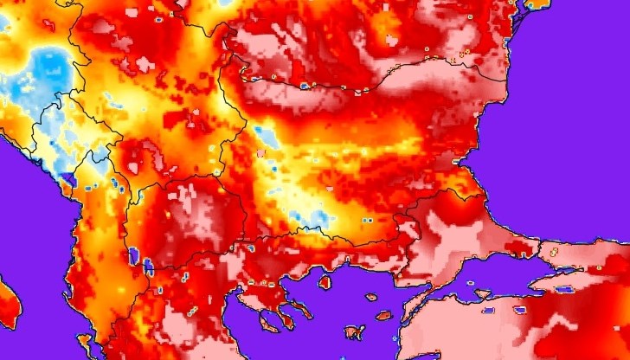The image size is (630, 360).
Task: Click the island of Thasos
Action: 326,281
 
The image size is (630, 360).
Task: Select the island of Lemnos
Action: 354,331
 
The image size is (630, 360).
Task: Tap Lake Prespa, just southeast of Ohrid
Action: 147,265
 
